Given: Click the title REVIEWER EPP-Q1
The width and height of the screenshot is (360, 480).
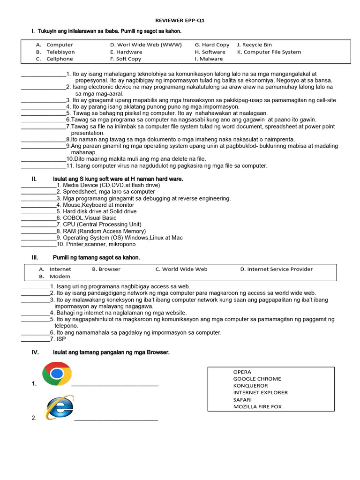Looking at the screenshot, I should click(x=180, y=21).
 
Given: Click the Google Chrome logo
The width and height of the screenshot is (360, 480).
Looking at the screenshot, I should click(x=57, y=374).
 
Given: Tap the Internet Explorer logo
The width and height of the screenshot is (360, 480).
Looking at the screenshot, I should click(x=59, y=407).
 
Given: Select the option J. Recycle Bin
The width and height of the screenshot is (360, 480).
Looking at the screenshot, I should click(x=255, y=45).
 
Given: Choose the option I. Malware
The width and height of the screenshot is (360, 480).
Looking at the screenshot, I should click(x=209, y=59).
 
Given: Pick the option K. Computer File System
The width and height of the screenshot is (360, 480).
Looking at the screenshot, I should click(x=269, y=52).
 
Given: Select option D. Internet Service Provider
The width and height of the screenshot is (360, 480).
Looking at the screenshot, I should click(x=276, y=269).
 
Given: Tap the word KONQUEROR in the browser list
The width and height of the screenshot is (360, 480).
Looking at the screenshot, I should click(x=250, y=386).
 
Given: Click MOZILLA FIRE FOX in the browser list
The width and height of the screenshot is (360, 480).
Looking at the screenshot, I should click(x=257, y=407).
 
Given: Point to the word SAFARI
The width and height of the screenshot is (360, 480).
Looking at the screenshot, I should click(x=242, y=400).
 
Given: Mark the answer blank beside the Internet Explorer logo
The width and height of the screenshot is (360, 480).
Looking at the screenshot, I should click(x=116, y=418).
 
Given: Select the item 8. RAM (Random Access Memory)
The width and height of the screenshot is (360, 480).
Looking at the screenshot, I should click(x=101, y=231).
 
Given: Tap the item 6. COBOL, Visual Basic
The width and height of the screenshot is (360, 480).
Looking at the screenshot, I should click(x=86, y=218).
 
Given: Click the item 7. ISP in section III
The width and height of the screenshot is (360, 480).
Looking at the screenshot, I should click(x=60, y=339).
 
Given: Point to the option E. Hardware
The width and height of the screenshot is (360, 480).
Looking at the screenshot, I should click(x=126, y=52).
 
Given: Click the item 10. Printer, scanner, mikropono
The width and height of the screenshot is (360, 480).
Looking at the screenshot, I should click(x=96, y=244).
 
